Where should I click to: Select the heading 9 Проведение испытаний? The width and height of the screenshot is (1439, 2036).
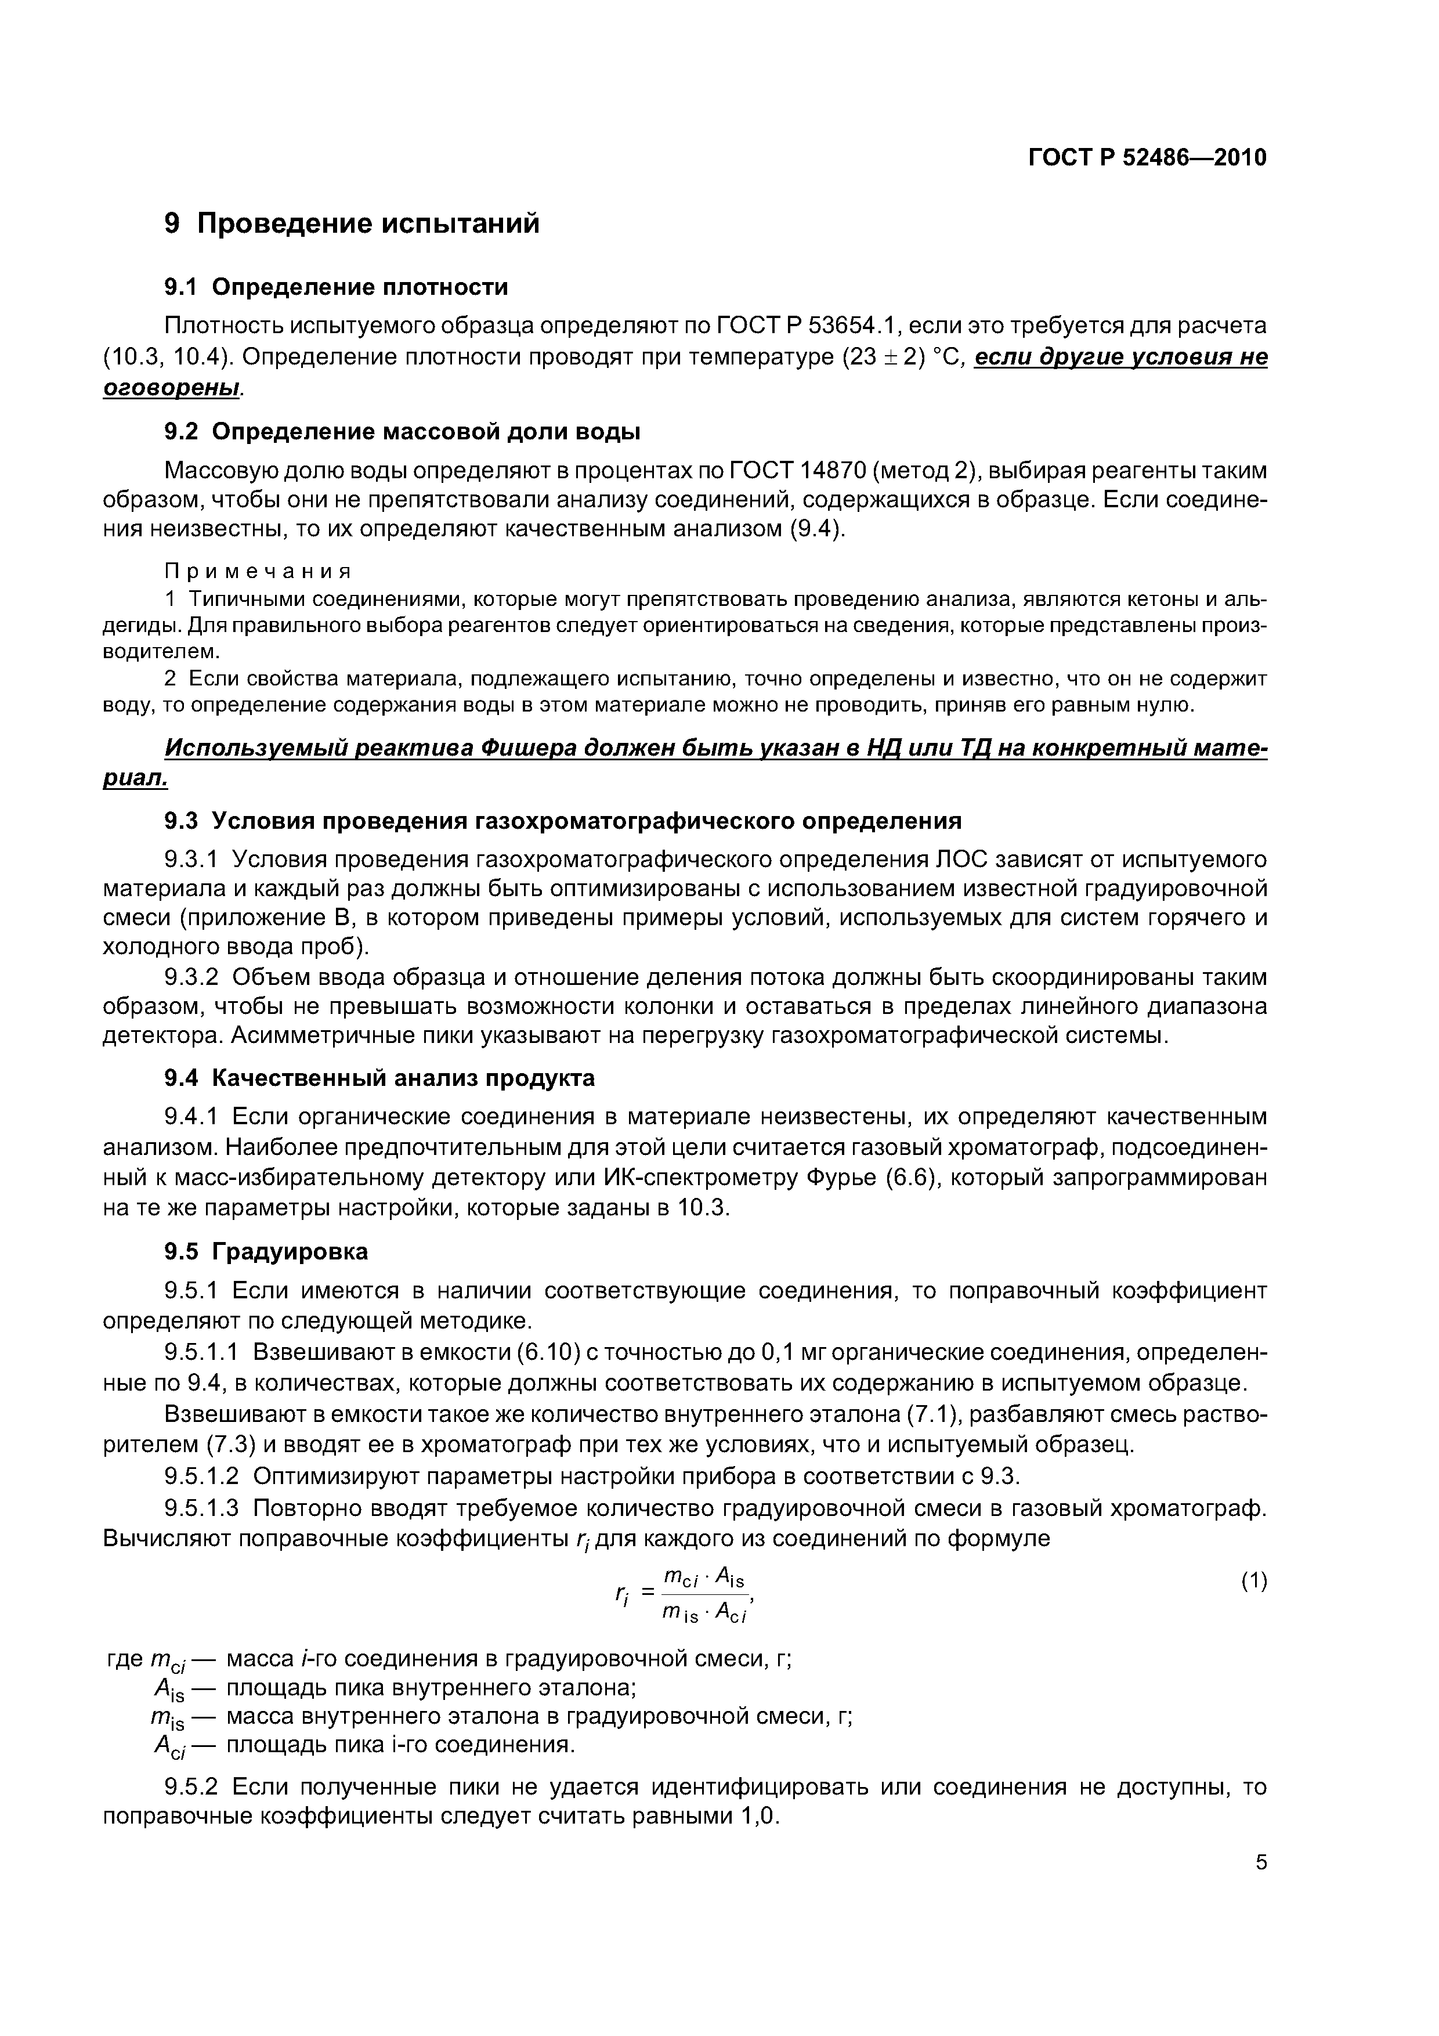[x=352, y=222]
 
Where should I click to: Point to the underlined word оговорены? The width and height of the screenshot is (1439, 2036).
[x=172, y=388]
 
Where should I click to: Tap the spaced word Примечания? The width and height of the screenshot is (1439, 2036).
[x=258, y=570]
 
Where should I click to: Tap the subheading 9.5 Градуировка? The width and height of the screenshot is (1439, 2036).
[x=266, y=1251]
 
